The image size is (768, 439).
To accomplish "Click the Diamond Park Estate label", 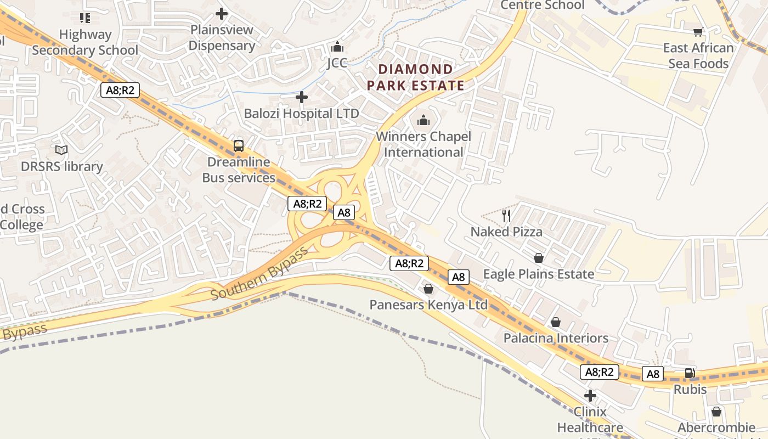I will point(416,77).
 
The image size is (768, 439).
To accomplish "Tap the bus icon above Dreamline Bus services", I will point(239,146).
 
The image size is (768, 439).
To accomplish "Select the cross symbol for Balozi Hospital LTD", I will point(302,98).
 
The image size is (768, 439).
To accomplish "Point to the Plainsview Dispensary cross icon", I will point(222,14).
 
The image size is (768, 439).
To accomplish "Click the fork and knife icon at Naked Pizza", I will point(506,215).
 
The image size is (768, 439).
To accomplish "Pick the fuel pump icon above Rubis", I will point(690,374).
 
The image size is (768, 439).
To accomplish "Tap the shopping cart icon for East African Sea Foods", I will point(698,32).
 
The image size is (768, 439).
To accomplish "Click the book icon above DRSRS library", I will point(61,150).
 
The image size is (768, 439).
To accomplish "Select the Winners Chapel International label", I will point(423,144).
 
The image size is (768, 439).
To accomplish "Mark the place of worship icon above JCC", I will point(337,47).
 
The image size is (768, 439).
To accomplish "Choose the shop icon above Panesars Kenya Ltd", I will point(428,289).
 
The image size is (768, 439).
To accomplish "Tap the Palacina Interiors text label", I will point(556,338).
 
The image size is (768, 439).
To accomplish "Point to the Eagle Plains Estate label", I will point(538,274).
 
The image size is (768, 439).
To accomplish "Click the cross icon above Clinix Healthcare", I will point(590,395).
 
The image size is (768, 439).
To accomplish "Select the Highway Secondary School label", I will point(85,42).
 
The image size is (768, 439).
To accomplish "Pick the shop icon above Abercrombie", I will point(716,412).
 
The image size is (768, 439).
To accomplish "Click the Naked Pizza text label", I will point(506,232).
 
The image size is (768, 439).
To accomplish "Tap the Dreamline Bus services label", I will point(239,170).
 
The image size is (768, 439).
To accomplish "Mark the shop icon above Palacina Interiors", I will point(556,322).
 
